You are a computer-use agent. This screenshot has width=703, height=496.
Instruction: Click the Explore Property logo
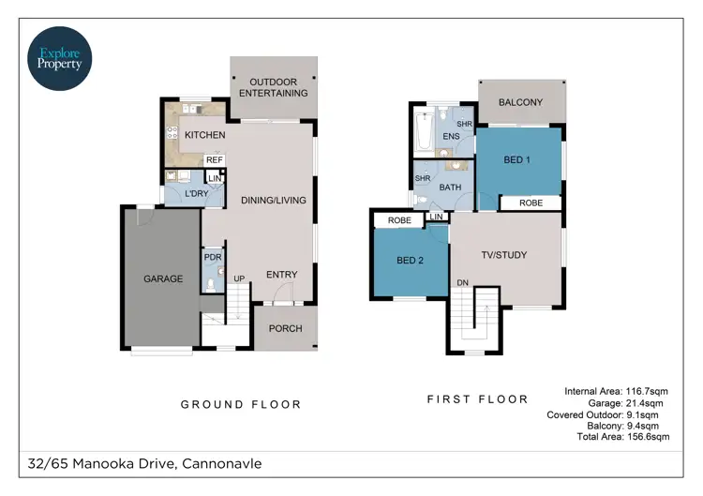pos(61,56)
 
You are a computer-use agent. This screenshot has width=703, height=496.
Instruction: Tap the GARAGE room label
pos(162,278)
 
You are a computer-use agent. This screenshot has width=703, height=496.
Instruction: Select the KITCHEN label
pos(204,136)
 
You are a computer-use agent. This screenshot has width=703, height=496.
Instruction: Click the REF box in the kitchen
pos(214,160)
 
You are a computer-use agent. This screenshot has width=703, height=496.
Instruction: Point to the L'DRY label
pos(196,193)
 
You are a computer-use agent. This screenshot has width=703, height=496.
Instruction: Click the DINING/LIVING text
pos(274,200)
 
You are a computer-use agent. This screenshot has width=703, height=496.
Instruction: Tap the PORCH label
pos(285,328)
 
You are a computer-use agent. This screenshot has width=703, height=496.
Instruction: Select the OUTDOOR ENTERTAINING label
pos(273,87)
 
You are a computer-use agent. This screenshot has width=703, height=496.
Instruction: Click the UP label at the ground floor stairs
pos(239,279)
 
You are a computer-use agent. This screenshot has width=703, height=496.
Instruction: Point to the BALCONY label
pos(520,102)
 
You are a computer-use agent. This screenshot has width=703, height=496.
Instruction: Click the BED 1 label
pos(517,160)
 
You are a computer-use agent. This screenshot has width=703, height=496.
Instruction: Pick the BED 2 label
pos(411,261)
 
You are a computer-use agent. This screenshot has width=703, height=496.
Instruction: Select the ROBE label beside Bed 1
pos(531,203)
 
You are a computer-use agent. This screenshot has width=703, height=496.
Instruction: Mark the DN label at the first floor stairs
pos(462,282)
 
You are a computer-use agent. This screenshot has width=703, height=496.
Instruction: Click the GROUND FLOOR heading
pos(241,404)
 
